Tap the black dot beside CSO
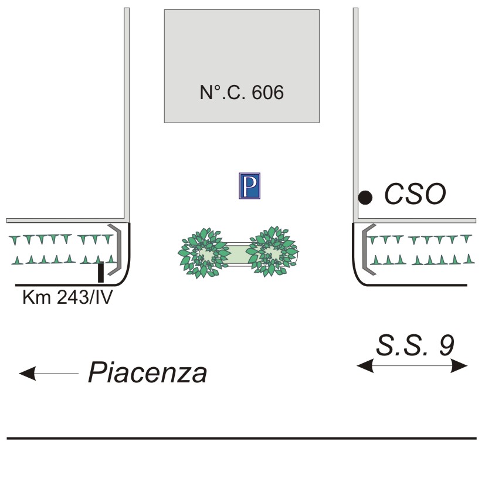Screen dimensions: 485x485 [365, 198]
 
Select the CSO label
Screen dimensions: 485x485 [415, 194]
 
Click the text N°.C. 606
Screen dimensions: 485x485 [242, 93]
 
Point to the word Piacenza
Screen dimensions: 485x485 [148, 373]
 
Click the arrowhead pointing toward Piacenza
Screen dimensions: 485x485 [27, 373]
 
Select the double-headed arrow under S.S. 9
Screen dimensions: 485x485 [413, 366]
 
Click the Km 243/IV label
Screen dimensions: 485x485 [67, 297]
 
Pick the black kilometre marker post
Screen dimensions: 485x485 [101, 272]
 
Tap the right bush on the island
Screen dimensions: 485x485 [273, 252]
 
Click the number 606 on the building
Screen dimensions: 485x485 [268, 93]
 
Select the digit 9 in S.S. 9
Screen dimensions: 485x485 [446, 345]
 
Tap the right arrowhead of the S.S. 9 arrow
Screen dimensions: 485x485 [461, 366]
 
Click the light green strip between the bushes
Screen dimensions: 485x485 [238, 253]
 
